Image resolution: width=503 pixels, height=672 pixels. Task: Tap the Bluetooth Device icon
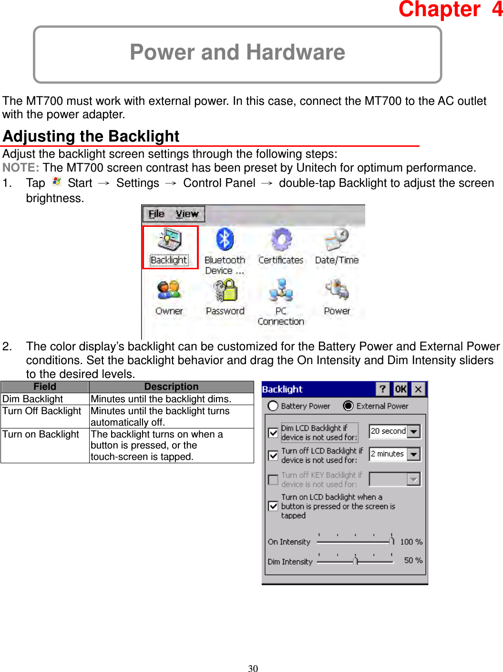(225, 239)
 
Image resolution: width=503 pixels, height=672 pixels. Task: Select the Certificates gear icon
(281, 239)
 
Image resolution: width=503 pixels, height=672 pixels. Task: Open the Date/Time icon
(337, 239)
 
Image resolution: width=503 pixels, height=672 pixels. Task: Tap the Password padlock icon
(225, 290)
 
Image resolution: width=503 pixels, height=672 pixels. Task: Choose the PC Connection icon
(281, 290)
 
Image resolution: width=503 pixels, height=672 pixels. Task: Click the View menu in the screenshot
(186, 214)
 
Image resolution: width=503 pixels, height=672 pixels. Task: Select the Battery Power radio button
(273, 406)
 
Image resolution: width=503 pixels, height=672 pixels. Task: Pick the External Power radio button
(348, 406)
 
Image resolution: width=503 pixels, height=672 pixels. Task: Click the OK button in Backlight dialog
(400, 389)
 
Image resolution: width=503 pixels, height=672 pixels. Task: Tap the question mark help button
(382, 389)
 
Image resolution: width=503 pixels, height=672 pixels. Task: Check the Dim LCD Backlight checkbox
(273, 433)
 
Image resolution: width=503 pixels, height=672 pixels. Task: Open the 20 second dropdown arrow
(414, 431)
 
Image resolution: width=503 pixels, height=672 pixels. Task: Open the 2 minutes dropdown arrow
(414, 454)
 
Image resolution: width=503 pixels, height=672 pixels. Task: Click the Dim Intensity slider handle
(355, 560)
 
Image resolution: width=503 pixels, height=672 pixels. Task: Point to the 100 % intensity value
(411, 542)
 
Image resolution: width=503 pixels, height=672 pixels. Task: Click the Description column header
(171, 387)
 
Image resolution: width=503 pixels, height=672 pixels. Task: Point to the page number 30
(253, 668)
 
